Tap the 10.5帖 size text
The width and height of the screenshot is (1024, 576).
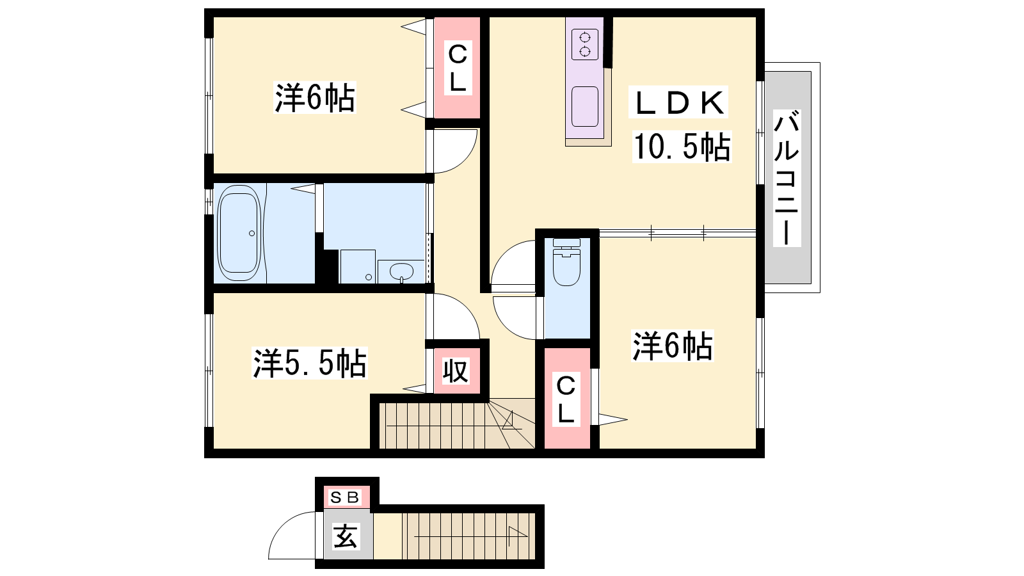click(x=682, y=147)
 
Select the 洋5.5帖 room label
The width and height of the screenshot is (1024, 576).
click(x=310, y=364)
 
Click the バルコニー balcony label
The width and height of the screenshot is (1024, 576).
click(x=787, y=179)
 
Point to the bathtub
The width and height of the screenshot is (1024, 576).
click(x=239, y=233)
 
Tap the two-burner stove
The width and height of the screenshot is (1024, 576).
click(x=585, y=44)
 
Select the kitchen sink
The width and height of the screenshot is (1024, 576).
click(x=585, y=106)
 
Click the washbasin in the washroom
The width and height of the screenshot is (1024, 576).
click(x=401, y=271)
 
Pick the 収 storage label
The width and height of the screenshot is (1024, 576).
click(x=456, y=371)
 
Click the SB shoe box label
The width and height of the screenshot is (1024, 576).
click(x=345, y=497)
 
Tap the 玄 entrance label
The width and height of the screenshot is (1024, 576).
click(x=345, y=536)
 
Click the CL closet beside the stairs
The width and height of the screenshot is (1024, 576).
click(x=566, y=400)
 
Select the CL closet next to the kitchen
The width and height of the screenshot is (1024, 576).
click(x=457, y=68)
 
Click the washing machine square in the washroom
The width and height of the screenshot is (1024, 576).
click(x=358, y=266)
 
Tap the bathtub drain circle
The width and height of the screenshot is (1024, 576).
click(x=252, y=234)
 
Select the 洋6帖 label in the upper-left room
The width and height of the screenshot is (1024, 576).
click(x=314, y=98)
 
